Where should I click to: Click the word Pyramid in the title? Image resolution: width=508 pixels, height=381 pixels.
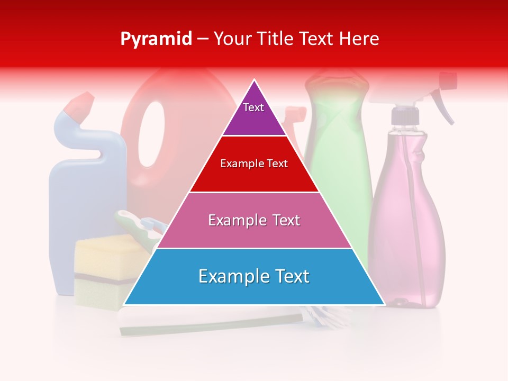(156, 39)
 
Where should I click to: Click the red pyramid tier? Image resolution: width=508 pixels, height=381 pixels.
(254, 177)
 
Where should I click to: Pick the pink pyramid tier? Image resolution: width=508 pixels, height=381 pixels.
(254, 233)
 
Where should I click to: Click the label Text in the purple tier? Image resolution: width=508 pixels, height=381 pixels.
(253, 107)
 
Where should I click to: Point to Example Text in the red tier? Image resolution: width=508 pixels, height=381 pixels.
(254, 164)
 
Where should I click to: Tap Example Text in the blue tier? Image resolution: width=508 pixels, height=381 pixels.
(254, 276)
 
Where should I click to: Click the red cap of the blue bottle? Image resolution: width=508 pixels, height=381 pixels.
(77, 106)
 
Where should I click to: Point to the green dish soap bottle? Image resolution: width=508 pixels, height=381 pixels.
(339, 159)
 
